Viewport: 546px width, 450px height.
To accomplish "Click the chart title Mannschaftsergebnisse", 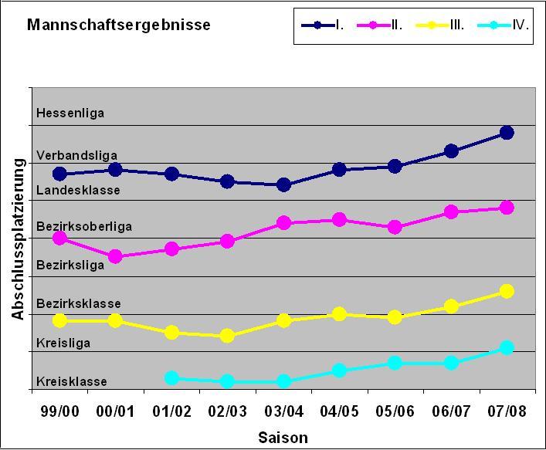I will coord(118,25).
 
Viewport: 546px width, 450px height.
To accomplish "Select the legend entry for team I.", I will coord(323,25).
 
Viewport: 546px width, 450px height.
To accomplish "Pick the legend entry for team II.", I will coord(379,25).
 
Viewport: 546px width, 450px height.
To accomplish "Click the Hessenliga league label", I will coord(70,113).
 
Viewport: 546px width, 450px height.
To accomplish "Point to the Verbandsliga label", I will coord(76,156).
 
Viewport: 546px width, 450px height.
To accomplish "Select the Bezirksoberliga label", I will coord(84,226).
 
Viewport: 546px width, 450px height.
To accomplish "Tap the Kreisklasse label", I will coord(71,381).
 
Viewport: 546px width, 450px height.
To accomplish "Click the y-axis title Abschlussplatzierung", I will coord(18,239).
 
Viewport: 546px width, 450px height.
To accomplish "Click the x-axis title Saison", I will coord(283,438).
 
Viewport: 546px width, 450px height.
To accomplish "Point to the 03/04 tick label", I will coord(283,411).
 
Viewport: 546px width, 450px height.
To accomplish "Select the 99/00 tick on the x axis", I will coord(59,411).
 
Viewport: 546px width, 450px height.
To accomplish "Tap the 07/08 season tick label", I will coord(507,411).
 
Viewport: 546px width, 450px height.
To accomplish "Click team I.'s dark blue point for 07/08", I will coord(507,133).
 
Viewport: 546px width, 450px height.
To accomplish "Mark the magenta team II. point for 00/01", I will coord(115,256).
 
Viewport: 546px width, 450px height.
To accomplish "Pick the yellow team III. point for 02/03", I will coord(227,336).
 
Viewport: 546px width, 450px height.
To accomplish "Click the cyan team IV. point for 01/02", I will coord(171,378).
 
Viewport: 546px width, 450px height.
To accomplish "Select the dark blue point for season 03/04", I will coord(283,184).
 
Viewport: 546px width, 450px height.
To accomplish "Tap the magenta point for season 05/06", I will coord(395,227).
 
